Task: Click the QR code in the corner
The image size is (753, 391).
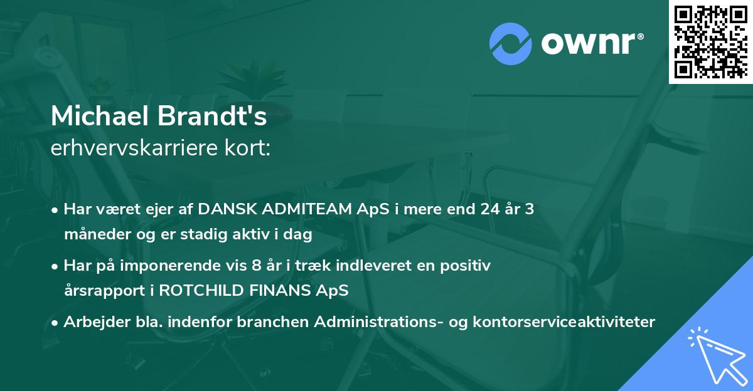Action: (710, 42)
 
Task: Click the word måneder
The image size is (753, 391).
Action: (90, 236)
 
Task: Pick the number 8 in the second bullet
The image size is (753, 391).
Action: (255, 266)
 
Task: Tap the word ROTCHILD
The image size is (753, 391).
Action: (228, 291)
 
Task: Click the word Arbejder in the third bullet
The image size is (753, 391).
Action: (91, 322)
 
